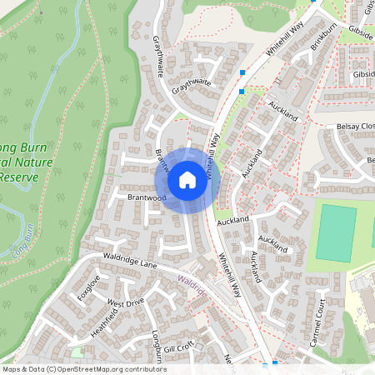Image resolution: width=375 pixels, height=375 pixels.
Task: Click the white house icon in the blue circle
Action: pyautogui.click(x=187, y=180)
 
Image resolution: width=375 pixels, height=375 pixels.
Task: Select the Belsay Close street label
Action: pyautogui.click(x=357, y=126)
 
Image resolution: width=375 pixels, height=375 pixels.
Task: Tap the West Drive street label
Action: pyautogui.click(x=126, y=302)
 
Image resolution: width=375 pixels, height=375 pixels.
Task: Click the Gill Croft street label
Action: pyautogui.click(x=178, y=344)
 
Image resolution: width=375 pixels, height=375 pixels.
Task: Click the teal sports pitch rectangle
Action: pyautogui.click(x=336, y=233)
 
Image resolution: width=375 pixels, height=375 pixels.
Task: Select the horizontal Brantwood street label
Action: pyautogui.click(x=147, y=198)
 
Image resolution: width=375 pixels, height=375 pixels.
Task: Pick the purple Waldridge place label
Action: pyautogui.click(x=192, y=284)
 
